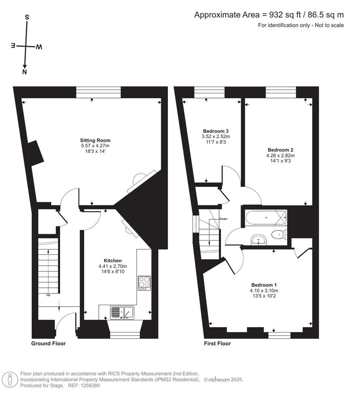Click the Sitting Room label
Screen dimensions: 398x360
tap(95, 140)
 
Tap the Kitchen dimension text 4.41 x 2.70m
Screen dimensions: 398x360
tap(112, 266)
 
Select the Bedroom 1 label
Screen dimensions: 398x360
tap(264, 285)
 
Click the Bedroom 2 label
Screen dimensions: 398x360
tap(280, 150)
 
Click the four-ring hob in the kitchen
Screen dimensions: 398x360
tap(144, 283)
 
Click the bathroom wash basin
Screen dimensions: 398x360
tap(260, 240)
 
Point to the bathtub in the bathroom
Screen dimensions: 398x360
tap(266, 217)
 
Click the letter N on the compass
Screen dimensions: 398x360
tap(25, 72)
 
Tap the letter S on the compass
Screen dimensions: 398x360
tap(27, 17)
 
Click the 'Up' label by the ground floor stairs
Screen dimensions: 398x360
tap(48, 295)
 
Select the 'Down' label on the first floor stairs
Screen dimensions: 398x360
tap(223, 219)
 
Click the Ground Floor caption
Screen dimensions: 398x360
tap(48, 343)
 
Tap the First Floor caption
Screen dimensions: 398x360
tap(217, 343)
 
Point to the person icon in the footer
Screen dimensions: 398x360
tap(10, 379)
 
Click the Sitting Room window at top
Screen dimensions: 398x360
tap(98, 92)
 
